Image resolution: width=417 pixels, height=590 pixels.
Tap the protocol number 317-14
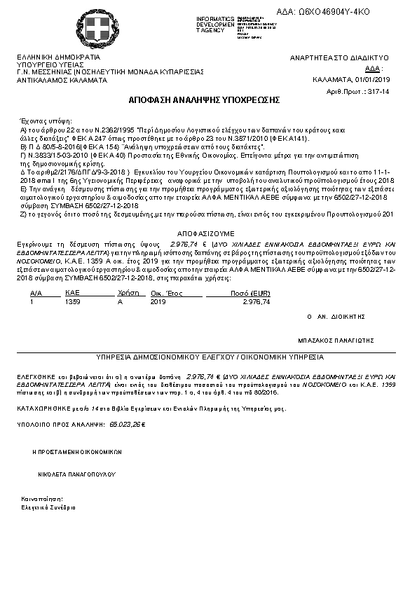(378, 92)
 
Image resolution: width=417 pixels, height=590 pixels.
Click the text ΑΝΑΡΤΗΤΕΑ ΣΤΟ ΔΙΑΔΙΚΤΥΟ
(339, 57)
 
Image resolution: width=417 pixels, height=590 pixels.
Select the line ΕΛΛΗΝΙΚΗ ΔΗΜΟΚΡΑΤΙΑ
(59, 57)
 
